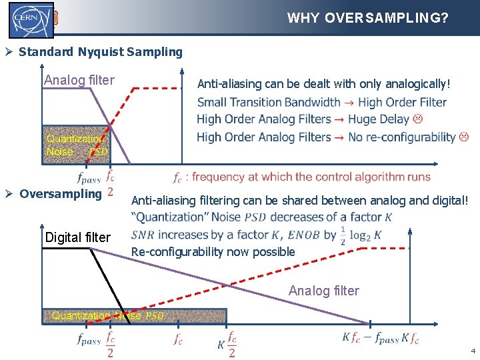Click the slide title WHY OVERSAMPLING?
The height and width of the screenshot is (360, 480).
point(367,18)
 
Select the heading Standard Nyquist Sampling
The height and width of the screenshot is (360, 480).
point(101,51)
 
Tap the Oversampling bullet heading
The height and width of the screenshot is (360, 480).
point(61,194)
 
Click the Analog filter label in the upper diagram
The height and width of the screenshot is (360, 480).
point(79,81)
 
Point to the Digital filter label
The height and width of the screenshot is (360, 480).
point(77,237)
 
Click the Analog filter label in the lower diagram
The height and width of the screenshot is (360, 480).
point(323,291)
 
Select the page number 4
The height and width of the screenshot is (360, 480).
point(473,351)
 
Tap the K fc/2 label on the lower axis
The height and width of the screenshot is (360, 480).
point(227,345)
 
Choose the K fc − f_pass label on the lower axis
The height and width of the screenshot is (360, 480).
point(371,338)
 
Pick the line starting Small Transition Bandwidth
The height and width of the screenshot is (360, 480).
point(321,102)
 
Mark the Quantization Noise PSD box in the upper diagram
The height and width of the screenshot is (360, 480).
point(75,144)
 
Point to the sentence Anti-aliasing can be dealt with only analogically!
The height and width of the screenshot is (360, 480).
point(324,84)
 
